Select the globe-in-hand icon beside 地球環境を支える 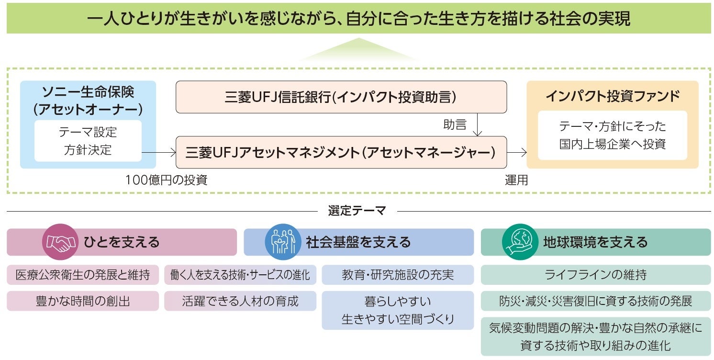point(520,242)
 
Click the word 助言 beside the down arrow point(455,125)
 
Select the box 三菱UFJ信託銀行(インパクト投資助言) point(341,97)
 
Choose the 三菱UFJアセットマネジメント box point(341,152)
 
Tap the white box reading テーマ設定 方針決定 point(88,141)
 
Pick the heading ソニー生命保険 point(88,91)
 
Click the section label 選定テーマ point(357,211)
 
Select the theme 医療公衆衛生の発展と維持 point(83,275)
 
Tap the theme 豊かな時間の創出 point(83,301)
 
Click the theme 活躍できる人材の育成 point(240,301)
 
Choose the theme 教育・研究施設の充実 point(398,275)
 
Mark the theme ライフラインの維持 point(596,275)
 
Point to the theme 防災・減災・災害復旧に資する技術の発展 point(596,301)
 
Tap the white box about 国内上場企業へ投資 point(612,135)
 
